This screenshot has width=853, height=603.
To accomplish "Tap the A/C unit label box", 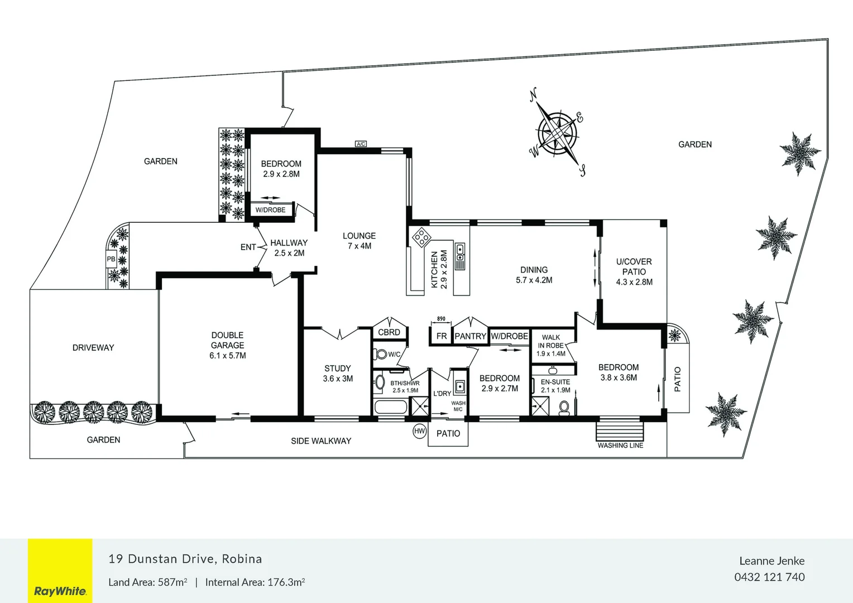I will [361, 144].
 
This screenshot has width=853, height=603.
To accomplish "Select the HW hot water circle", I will [419, 431].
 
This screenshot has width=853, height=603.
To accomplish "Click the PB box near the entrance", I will [111, 259].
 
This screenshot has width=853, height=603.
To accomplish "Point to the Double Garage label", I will [228, 345].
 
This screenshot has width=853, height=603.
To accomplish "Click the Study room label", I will [338, 374].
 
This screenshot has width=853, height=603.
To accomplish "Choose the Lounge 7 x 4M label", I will [359, 241].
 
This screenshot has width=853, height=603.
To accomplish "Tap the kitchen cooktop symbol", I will [421, 237].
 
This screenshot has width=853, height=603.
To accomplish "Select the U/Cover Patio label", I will [634, 271].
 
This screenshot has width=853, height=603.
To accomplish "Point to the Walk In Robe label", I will [551, 345].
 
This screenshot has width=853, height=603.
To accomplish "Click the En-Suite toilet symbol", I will [564, 407].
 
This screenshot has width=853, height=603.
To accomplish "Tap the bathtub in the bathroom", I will [391, 406].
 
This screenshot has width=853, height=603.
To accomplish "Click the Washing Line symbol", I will [620, 432].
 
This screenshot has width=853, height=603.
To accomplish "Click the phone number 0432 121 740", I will [769, 577].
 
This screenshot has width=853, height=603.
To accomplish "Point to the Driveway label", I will [93, 348].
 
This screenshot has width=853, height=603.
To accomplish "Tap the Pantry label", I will [470, 336].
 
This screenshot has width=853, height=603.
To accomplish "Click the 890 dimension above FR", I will [441, 319].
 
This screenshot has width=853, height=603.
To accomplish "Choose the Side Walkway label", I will [321, 441].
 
